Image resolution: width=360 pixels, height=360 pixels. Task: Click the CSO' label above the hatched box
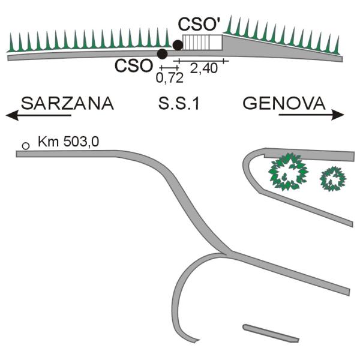click(x=197, y=25)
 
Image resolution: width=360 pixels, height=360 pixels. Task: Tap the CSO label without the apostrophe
click(x=134, y=66)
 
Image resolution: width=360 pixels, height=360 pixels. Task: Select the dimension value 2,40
click(x=203, y=68)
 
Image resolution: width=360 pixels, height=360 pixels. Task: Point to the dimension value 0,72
click(x=170, y=78)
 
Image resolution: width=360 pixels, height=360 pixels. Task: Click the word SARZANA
click(x=67, y=104)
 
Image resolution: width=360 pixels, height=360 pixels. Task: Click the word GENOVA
click(x=284, y=103)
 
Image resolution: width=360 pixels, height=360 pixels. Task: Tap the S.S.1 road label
click(x=179, y=104)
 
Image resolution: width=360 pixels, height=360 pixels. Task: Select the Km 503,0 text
click(x=68, y=142)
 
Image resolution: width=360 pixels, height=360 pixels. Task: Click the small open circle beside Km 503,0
click(x=26, y=146)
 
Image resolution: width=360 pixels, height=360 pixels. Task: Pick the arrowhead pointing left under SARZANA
click(x=12, y=115)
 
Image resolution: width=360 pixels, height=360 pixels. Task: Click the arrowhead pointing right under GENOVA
click(x=338, y=115)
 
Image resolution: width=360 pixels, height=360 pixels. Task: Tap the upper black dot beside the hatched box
click(x=178, y=45)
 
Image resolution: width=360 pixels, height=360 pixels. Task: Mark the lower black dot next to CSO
click(x=163, y=54)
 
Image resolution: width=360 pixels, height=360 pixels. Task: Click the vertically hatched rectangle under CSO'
click(x=202, y=42)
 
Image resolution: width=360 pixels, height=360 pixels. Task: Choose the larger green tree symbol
click(x=288, y=172)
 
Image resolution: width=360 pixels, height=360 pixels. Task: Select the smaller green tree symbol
click(x=333, y=179)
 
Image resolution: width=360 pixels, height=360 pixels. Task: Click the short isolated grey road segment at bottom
click(x=271, y=333)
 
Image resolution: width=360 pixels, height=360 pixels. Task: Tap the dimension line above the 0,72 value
click(x=169, y=68)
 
